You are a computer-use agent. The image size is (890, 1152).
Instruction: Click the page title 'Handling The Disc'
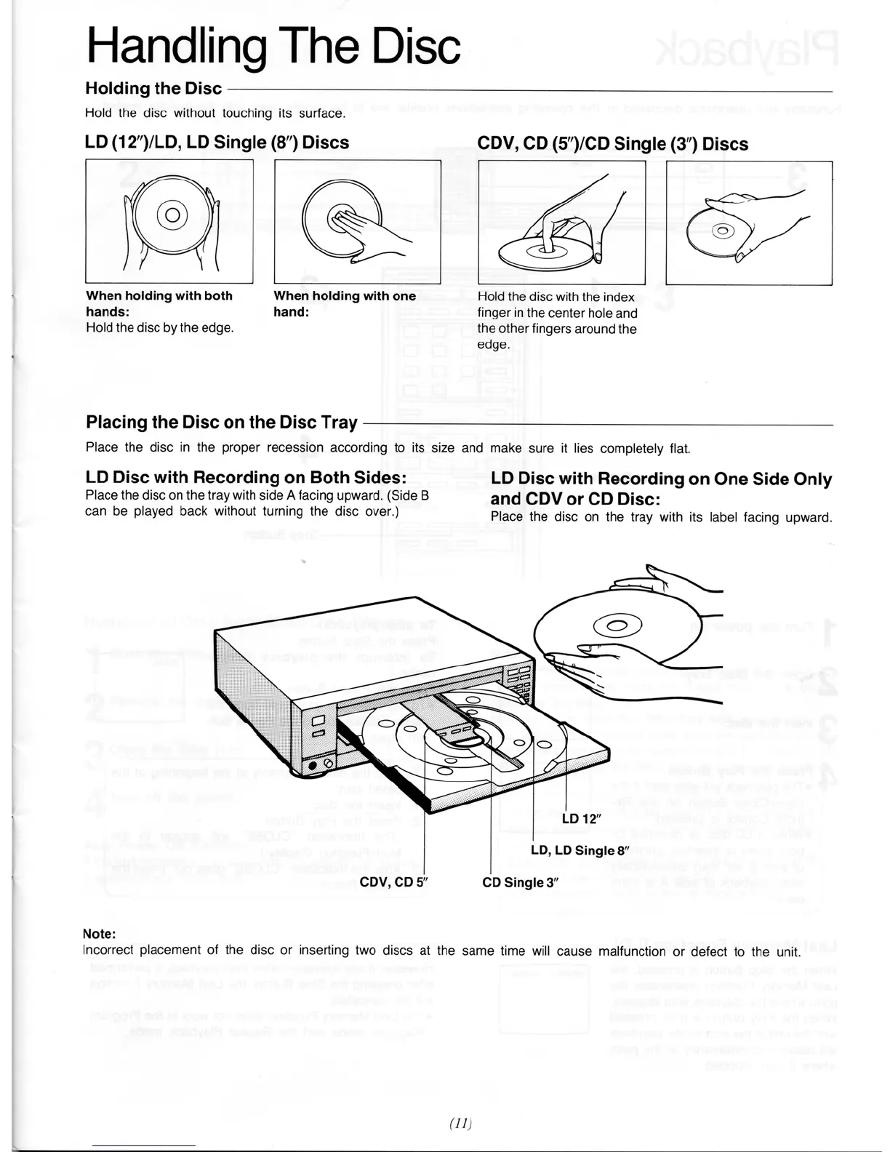[273, 45]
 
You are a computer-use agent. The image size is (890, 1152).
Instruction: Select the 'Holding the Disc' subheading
[153, 89]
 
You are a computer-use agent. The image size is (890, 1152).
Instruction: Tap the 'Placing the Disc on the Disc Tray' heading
[222, 423]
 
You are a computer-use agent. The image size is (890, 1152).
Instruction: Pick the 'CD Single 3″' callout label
[520, 883]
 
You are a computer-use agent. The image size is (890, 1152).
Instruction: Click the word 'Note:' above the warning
[100, 934]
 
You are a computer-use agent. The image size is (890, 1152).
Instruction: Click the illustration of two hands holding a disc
[169, 221]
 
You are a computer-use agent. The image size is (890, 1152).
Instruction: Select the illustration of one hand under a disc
[357, 221]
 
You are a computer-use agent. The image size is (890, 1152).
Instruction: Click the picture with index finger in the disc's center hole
[561, 222]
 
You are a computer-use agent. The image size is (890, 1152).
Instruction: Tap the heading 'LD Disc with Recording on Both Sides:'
[246, 478]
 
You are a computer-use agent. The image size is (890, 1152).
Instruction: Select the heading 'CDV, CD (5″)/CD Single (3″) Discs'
[612, 144]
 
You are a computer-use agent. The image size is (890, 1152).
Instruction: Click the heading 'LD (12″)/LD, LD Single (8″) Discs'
[217, 143]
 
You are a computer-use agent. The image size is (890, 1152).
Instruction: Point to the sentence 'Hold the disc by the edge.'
[160, 328]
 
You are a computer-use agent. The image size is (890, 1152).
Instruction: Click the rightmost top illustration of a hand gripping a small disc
[749, 223]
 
